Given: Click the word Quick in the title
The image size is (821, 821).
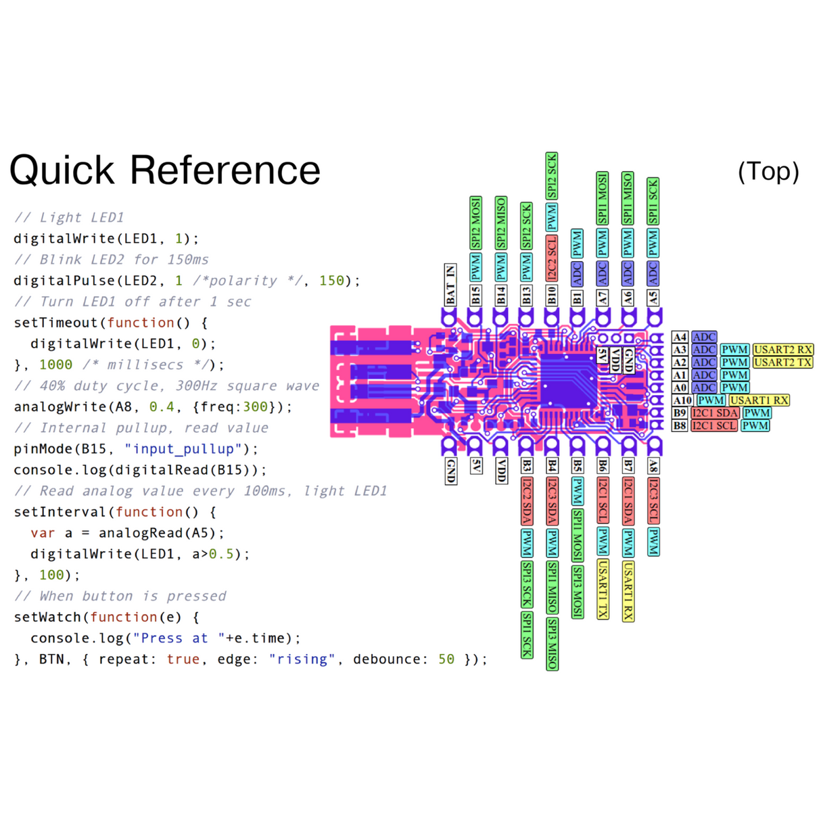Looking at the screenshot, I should [x=62, y=170].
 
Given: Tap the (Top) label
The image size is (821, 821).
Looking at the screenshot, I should [x=768, y=172].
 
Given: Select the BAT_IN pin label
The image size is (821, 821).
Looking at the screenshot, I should [x=450, y=285].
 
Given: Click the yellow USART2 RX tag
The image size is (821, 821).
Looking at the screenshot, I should [x=782, y=350].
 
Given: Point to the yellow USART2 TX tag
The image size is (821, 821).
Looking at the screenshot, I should [x=782, y=362].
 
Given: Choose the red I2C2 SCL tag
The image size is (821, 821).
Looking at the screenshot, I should [x=552, y=258].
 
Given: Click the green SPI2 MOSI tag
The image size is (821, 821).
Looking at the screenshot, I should [x=476, y=223].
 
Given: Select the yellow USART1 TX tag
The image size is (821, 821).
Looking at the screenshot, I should [x=603, y=589].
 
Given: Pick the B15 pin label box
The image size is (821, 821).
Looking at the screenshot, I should [x=476, y=296].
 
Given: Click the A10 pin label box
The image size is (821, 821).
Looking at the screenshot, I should [x=682, y=400].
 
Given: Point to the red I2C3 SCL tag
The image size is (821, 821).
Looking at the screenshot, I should [x=653, y=500].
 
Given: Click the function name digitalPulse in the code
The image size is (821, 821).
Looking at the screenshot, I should [x=64, y=281].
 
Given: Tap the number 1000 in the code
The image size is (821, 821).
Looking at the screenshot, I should [x=55, y=365].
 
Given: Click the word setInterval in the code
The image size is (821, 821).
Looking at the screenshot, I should [x=60, y=512].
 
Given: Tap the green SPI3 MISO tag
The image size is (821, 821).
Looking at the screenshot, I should [x=553, y=643].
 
